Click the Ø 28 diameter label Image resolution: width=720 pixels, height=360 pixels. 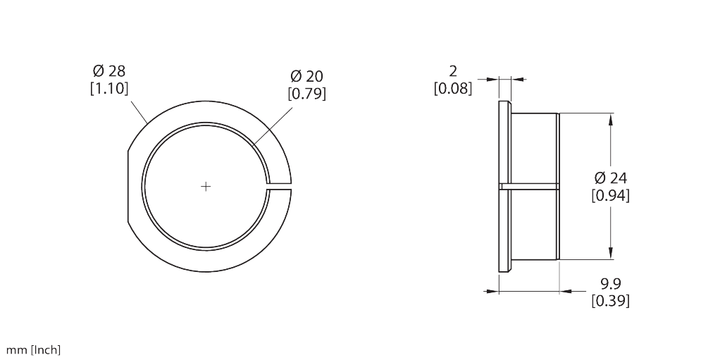pos(109,71)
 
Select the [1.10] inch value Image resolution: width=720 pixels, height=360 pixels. pos(109,89)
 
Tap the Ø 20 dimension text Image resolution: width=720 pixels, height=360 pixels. pos(306,76)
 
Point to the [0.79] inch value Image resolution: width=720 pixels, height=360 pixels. pos(306,94)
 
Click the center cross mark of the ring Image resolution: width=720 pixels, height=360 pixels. pos(206,187)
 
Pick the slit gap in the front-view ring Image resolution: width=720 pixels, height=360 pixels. pos(279,187)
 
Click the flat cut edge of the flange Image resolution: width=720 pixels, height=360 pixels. pos(128,187)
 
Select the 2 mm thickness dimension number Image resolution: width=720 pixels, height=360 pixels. pos(453,71)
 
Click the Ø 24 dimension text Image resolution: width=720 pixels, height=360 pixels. pos(610,178)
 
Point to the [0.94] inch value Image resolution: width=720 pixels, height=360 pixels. pos(610,195)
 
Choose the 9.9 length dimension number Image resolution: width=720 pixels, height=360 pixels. pos(610,284)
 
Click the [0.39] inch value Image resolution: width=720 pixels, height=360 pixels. pos(610,302)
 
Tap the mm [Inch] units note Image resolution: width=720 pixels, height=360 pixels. pos(34,349)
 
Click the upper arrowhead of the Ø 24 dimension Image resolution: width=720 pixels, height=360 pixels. pos(610,119)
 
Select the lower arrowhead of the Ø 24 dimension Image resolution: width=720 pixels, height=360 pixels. pos(610,255)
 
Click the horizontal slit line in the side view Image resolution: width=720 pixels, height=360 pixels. pos(532,187)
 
